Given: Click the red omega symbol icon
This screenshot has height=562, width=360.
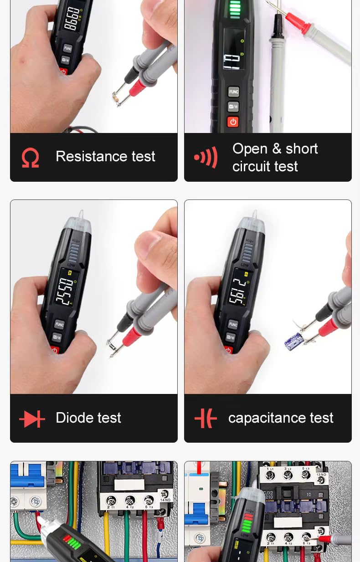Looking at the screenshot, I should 30,158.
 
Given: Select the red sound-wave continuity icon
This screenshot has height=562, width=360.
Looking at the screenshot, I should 206,158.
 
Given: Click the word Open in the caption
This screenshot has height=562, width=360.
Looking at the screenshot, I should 250,149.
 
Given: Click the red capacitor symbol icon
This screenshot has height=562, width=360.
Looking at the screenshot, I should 206,418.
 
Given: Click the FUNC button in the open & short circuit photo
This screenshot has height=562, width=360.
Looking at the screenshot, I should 233,92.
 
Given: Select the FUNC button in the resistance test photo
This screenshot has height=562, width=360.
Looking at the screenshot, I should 67,48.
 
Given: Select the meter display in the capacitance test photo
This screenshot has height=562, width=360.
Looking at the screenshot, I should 238,290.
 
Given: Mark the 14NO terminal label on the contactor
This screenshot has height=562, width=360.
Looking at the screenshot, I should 165,513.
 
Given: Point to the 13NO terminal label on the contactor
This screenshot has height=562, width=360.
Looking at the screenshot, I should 321,474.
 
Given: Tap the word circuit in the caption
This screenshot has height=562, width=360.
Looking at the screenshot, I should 250,167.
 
